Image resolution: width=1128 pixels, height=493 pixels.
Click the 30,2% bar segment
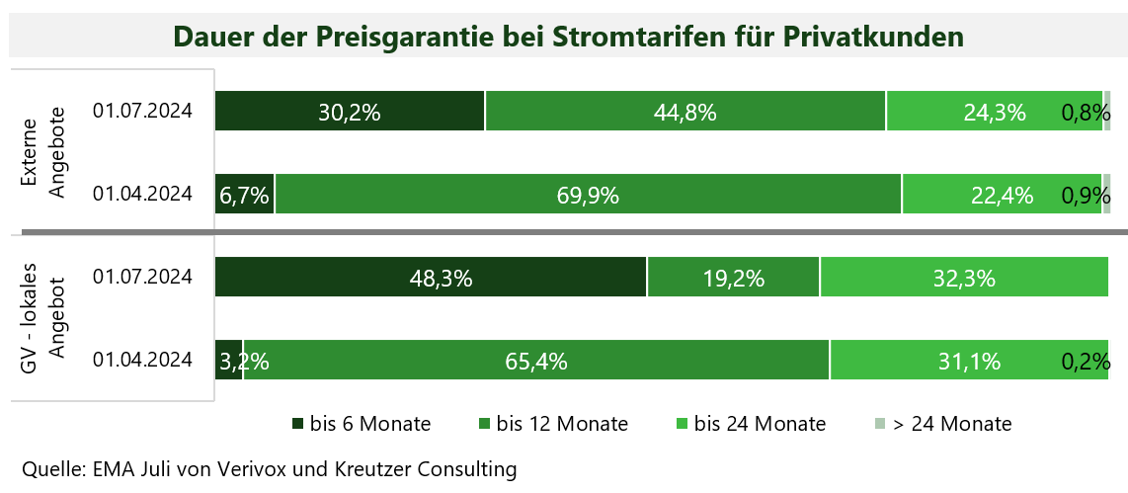pyautogui.click(x=350, y=111)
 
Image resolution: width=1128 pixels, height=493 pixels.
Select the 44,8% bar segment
pyautogui.click(x=685, y=111)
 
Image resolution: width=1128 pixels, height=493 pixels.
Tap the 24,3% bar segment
pyautogui.click(x=994, y=111)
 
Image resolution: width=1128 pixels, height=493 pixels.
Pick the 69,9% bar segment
pyautogui.click(x=588, y=195)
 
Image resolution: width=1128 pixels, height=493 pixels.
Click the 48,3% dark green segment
pyautogui.click(x=431, y=277)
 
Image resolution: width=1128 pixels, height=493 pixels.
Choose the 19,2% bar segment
pyautogui.click(x=733, y=277)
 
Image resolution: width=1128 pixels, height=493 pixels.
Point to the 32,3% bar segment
pyautogui.click(x=963, y=277)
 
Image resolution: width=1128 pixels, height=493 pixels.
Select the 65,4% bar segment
pyautogui.click(x=536, y=361)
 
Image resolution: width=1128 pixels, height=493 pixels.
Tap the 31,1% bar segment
pyautogui.click(x=968, y=361)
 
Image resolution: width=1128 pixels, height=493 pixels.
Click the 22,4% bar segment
pyautogui.click(x=1002, y=195)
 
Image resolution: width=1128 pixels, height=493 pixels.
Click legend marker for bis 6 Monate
pyautogui.click(x=297, y=424)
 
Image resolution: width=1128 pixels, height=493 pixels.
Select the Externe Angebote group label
pyautogui.click(x=43, y=152)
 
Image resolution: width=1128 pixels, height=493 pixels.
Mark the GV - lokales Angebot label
pyautogui.click(x=43, y=318)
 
